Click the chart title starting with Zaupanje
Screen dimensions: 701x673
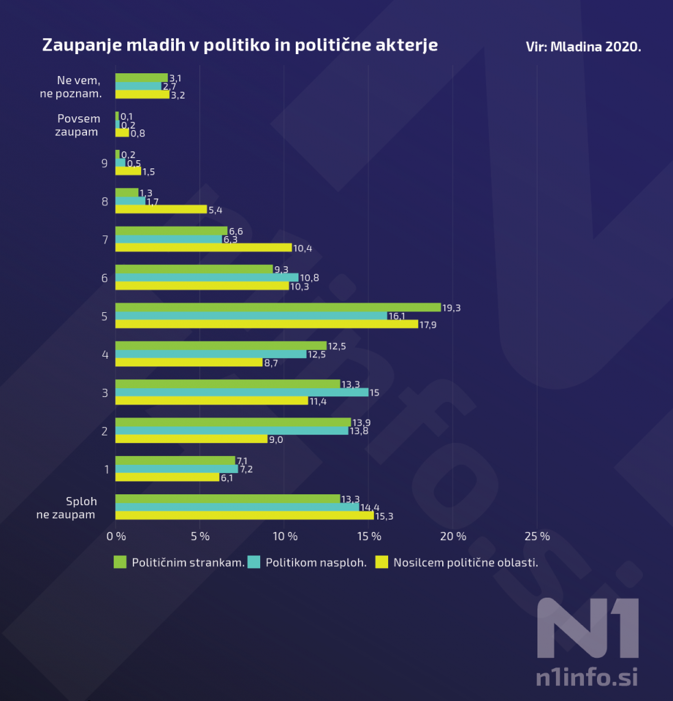tap(240, 45)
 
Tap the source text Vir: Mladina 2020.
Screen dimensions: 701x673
tap(583, 47)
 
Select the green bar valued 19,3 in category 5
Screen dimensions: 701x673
tap(277, 307)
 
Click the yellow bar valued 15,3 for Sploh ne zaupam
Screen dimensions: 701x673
tap(244, 515)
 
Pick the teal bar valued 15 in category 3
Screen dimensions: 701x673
tap(241, 392)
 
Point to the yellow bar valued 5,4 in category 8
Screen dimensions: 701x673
tap(160, 209)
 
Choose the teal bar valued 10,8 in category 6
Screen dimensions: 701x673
tap(206, 277)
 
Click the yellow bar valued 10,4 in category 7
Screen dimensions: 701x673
tap(203, 247)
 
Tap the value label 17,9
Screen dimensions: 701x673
tap(429, 324)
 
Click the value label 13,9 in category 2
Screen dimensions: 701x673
tap(361, 422)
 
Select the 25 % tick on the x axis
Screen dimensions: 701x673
tap(537, 536)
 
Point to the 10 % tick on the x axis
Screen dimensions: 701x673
tap(284, 536)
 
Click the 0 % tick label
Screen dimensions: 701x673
tap(116, 536)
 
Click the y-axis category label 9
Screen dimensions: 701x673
tap(105, 163)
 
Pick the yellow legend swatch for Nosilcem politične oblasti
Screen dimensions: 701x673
tap(382, 563)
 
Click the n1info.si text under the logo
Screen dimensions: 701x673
tap(587, 678)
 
